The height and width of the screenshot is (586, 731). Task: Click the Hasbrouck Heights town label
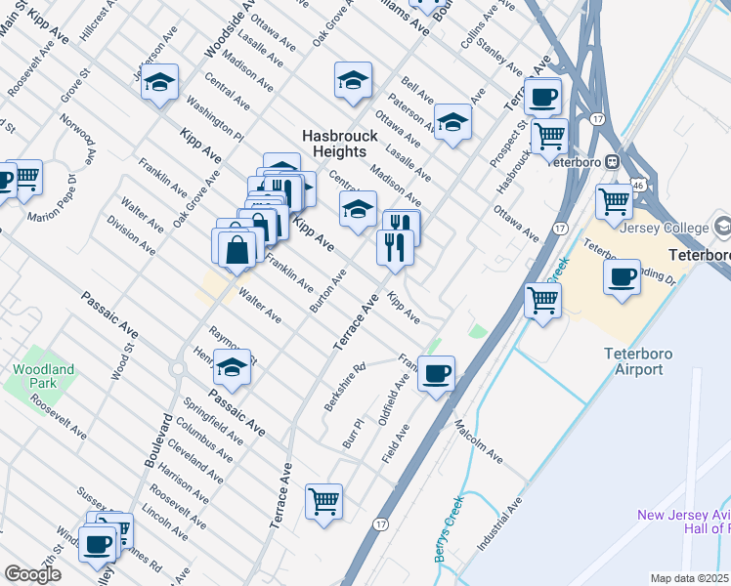pos(334,144)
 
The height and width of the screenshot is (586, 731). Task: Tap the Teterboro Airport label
pos(633,362)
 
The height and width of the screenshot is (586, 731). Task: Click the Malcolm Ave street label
pos(478,442)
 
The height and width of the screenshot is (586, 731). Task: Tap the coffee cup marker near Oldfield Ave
pos(436,372)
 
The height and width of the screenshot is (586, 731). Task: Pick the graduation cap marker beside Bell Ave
pos(452,122)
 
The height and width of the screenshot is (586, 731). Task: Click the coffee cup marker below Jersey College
pos(622,277)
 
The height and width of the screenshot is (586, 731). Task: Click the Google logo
pos(32,574)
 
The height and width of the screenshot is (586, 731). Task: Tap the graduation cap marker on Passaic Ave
pos(232,368)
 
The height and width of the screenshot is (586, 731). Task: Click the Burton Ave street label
pos(327,290)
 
